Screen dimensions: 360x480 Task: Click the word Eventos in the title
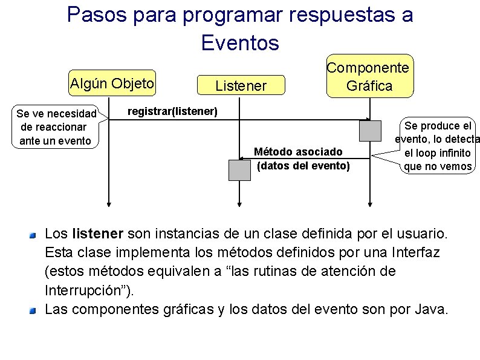(239, 42)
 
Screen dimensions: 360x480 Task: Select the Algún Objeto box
(112, 83)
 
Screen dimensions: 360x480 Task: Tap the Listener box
(241, 86)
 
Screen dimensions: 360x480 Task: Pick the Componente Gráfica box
(369, 77)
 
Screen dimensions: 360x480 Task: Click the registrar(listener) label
(172, 111)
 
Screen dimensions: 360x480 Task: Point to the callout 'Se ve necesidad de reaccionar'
(56, 127)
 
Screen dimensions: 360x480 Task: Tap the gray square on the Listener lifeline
(239, 169)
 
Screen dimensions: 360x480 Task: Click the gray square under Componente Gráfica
(369, 131)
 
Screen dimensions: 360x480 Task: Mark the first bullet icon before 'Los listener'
(35, 234)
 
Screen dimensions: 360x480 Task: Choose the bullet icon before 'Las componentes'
(35, 310)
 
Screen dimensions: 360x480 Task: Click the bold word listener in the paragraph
(97, 233)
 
